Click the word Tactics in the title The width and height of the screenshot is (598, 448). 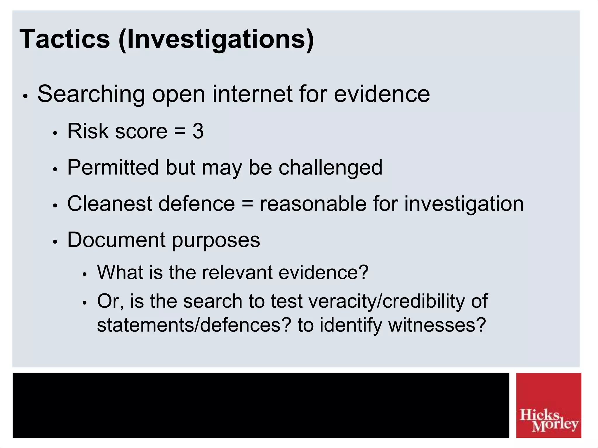[65, 39]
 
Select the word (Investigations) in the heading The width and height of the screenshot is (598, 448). [216, 40]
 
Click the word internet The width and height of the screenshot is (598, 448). [252, 94]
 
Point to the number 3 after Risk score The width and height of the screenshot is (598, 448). [198, 131]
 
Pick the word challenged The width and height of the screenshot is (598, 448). [330, 168]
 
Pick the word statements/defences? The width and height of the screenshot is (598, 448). [194, 325]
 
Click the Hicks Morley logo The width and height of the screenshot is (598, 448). [548, 405]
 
